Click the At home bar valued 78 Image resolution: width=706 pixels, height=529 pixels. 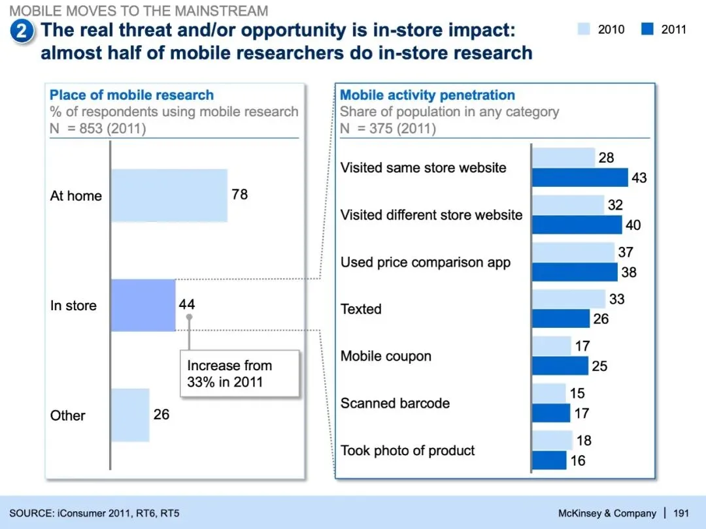pyautogui.click(x=169, y=195)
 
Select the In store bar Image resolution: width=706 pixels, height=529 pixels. pyautogui.click(x=143, y=305)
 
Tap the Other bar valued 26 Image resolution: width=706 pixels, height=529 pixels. pyautogui.click(x=130, y=415)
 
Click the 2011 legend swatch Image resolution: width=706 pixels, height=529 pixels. pyautogui.click(x=647, y=29)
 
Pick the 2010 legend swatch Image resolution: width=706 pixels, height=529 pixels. pyautogui.click(x=584, y=29)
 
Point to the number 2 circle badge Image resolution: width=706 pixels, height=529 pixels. pyautogui.click(x=22, y=31)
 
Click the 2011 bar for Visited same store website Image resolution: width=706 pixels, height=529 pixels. pyautogui.click(x=580, y=178)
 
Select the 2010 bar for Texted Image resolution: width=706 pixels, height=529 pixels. pyautogui.click(x=569, y=299)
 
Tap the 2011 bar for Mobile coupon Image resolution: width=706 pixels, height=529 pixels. pyautogui.click(x=560, y=366)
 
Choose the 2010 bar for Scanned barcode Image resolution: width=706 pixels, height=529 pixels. pyautogui.click(x=549, y=393)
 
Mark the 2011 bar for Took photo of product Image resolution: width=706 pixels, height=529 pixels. pyautogui.click(x=549, y=460)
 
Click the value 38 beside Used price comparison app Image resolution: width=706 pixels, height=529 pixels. pyautogui.click(x=628, y=272)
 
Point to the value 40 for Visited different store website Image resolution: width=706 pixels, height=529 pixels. pyautogui.click(x=633, y=225)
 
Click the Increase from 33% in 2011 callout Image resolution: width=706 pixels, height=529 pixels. pyautogui.click(x=239, y=374)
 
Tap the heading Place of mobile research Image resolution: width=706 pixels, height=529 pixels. pyautogui.click(x=131, y=95)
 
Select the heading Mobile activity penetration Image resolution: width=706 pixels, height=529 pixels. pyautogui.click(x=428, y=95)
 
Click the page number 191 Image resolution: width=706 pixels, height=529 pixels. pyautogui.click(x=681, y=513)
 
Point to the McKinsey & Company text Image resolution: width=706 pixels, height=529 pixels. pyautogui.click(x=607, y=513)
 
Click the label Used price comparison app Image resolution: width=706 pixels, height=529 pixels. pyautogui.click(x=426, y=263)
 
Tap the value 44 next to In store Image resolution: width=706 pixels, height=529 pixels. pyautogui.click(x=186, y=304)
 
